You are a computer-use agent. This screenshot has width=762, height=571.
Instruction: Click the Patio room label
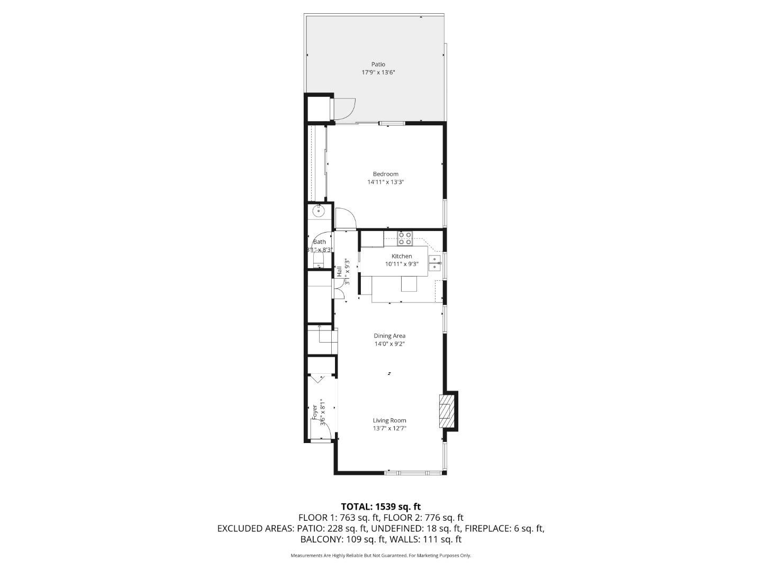click(378, 65)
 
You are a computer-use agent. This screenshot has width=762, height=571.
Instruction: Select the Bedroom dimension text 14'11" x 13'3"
click(386, 182)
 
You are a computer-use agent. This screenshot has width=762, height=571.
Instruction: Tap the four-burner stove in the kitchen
click(405, 238)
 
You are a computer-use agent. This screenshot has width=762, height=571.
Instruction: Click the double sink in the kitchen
click(434, 263)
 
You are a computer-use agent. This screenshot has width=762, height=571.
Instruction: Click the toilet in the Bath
click(318, 260)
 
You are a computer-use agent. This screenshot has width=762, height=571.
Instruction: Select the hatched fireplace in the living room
click(447, 410)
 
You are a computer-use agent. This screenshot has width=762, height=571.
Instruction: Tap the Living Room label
click(389, 421)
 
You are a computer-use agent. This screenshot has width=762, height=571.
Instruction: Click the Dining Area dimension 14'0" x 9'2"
click(389, 344)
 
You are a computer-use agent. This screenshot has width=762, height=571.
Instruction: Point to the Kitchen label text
click(402, 256)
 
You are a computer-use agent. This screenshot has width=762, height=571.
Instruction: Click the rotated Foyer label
click(314, 411)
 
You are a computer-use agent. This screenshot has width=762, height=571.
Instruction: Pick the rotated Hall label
click(339, 272)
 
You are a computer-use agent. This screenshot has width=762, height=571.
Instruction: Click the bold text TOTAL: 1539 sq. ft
click(381, 506)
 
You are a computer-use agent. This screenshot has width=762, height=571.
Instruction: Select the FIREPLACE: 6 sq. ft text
click(504, 528)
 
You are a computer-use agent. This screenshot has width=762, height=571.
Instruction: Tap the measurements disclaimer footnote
click(381, 556)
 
